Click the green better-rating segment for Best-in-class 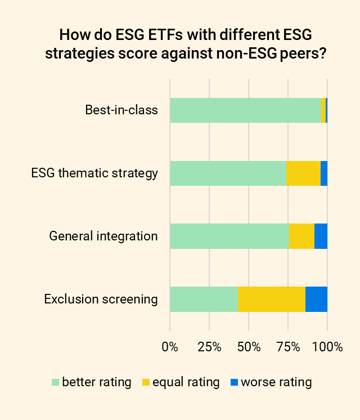pyautogui.click(x=245, y=110)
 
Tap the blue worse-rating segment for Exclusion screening pyautogui.click(x=316, y=299)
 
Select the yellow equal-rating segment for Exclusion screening pyautogui.click(x=272, y=299)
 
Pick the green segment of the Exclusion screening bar pyautogui.click(x=204, y=299)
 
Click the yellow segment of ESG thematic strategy pyautogui.click(x=303, y=173)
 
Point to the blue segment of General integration pyautogui.click(x=321, y=236)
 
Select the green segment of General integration pyautogui.click(x=229, y=236)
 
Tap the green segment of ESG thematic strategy pyautogui.click(x=228, y=173)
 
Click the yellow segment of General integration pyautogui.click(x=301, y=236)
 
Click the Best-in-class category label pyautogui.click(x=121, y=110)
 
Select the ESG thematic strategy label pyautogui.click(x=94, y=173)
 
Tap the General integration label pyautogui.click(x=103, y=236)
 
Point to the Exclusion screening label pyautogui.click(x=101, y=299)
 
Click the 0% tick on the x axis pyautogui.click(x=170, y=347)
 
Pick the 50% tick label pyautogui.click(x=249, y=347)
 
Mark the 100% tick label pyautogui.click(x=327, y=347)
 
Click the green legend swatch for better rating pyautogui.click(x=55, y=383)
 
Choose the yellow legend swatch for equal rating pyautogui.click(x=146, y=383)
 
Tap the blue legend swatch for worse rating pyautogui.click(x=235, y=383)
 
